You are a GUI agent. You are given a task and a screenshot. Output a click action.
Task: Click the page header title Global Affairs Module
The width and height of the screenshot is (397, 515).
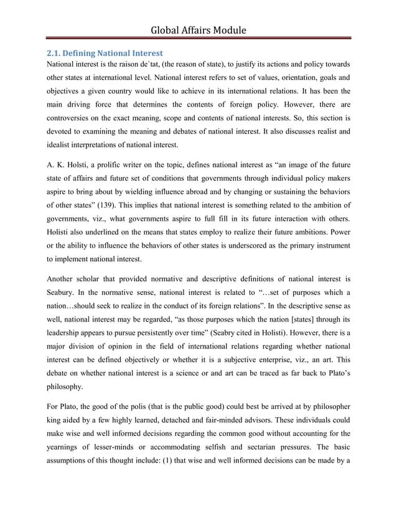pos(198,30)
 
